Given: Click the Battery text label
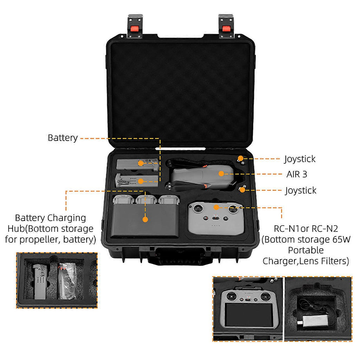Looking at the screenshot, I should coord(63,137).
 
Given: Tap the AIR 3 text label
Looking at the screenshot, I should coord(300,174).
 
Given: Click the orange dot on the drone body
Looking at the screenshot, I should coord(221,173).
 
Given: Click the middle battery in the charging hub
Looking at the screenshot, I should coord(146,200).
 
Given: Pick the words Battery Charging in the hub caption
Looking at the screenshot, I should coord(50,218).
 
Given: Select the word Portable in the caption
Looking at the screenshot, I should coord(306,250).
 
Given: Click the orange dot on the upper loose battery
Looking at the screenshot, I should coord(141,163).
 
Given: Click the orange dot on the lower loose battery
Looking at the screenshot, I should coord(141,181).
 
